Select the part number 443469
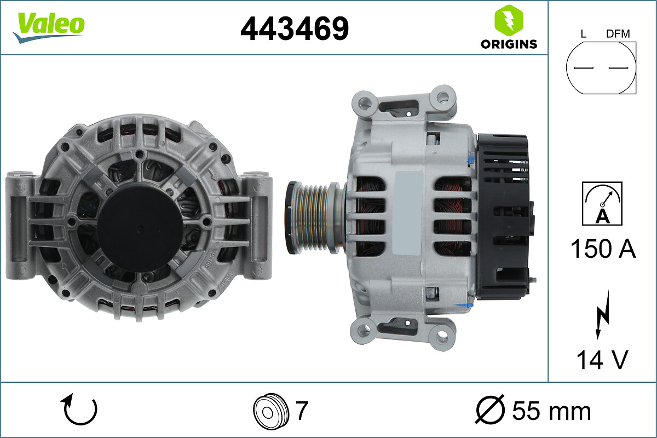click(x=295, y=28)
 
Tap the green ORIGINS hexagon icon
click(x=509, y=21)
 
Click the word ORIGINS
click(x=509, y=44)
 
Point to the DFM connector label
click(x=618, y=34)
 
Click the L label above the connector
click(x=583, y=34)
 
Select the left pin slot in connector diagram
click(x=583, y=68)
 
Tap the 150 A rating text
click(x=603, y=249)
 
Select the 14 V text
click(x=602, y=360)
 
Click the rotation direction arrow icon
click(x=80, y=410)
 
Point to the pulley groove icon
click(x=270, y=410)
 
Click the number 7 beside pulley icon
click(x=302, y=410)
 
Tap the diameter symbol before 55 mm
click(x=489, y=410)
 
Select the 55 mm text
click(x=551, y=410)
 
